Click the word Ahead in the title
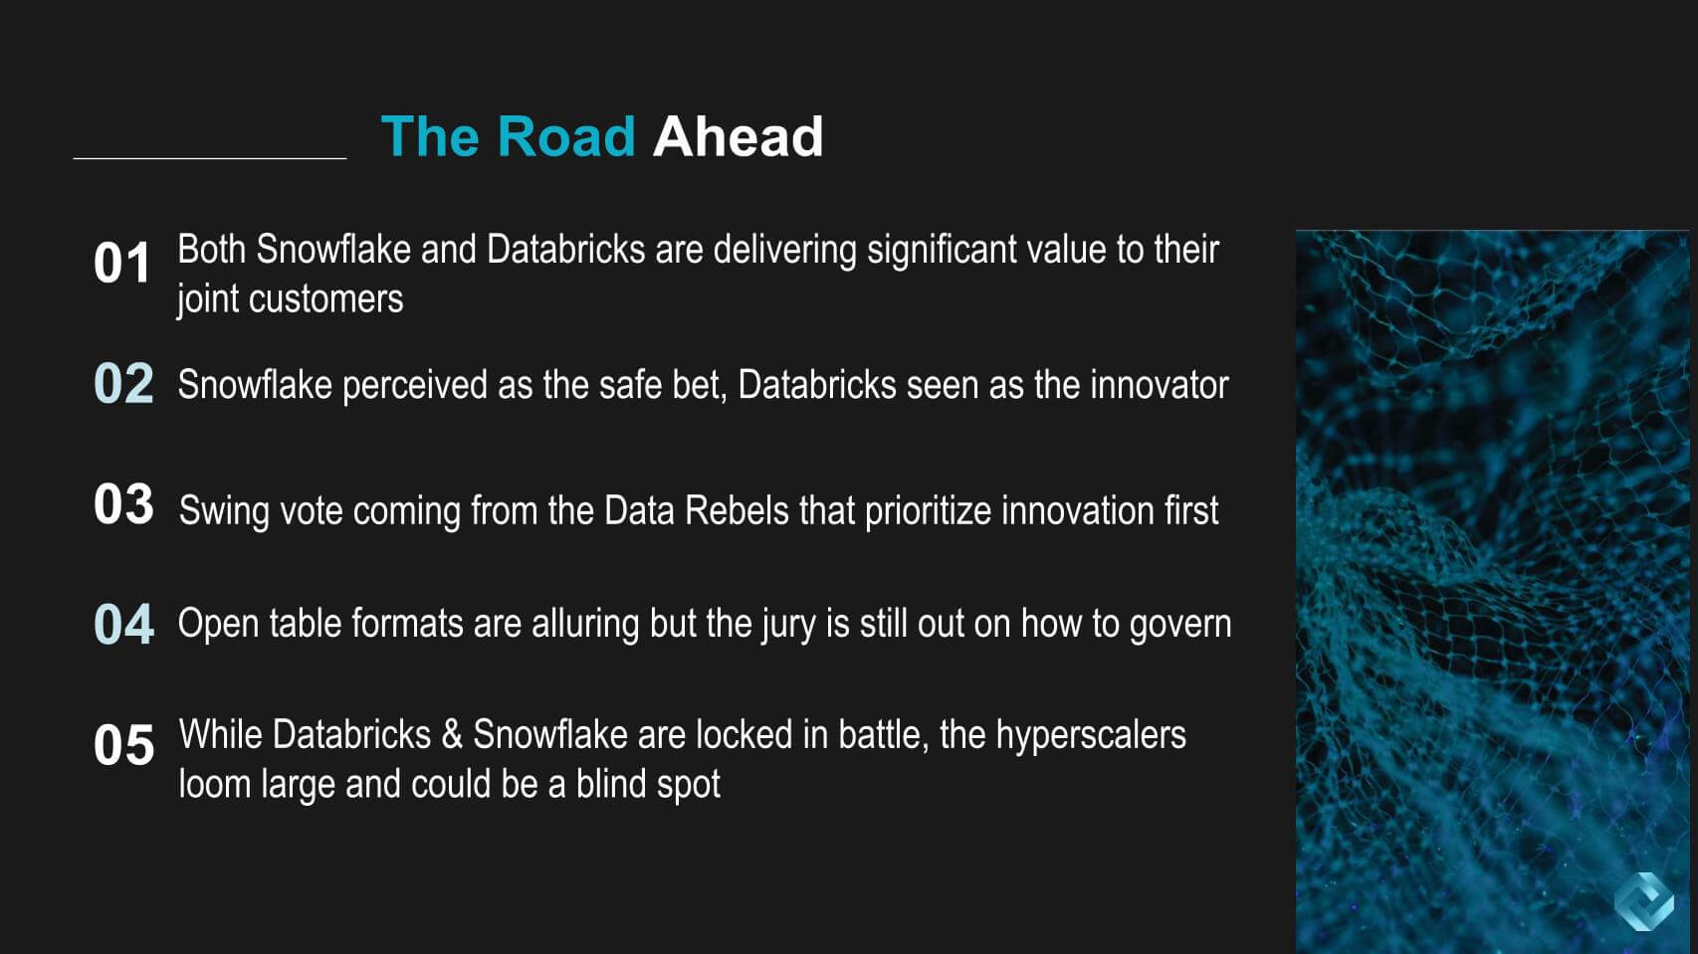pos(738,136)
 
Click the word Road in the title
pos(565,136)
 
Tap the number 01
pos(121,264)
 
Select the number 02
pos(123,384)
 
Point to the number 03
pos(123,504)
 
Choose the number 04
pos(123,625)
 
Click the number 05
pos(123,745)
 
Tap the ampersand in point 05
pos(452,735)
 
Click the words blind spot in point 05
pos(648,785)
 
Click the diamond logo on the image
pos(1643,901)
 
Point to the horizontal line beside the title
pos(210,158)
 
